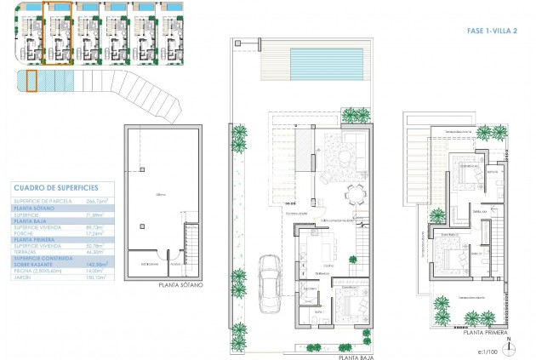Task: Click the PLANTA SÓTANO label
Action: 181,284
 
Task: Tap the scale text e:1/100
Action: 487,350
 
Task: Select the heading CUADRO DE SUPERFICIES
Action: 56,186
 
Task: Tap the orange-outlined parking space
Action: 31,81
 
